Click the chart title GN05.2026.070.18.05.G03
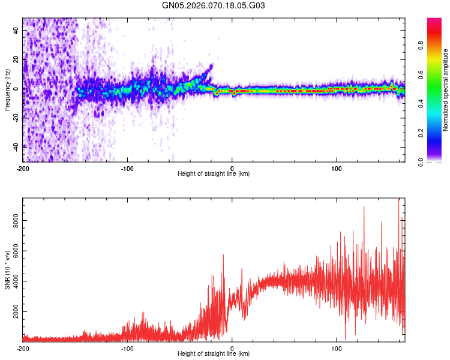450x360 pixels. coord(214,5)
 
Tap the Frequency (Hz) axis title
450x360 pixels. coord(7,90)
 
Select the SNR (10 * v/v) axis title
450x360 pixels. coord(7,270)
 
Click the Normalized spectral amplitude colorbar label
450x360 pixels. coord(446,90)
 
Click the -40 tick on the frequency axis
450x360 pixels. coord(15,146)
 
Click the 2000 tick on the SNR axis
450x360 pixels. coord(13,313)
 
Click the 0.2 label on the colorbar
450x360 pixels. coord(420,133)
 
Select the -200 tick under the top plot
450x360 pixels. coord(23,167)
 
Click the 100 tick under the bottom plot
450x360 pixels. coord(337,348)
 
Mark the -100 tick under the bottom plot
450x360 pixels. coord(127,348)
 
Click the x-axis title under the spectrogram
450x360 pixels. coord(214,174)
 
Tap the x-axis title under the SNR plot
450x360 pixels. coord(214,355)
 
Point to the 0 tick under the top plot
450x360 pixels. coord(232,167)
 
